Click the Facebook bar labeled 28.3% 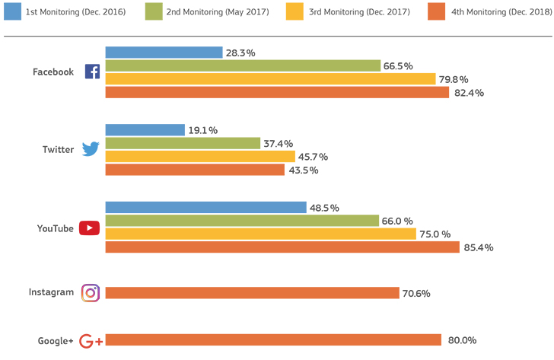coord(164,53)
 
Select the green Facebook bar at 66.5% coord(243,65)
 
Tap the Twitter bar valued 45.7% coord(200,157)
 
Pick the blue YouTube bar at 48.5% coord(206,207)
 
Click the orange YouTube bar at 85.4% coord(282,247)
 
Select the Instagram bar coord(253,293)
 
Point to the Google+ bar coord(273,340)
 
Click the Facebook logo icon coord(92,72)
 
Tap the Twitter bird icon coord(91,148)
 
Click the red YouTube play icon coord(89,228)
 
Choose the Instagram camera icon coord(91,293)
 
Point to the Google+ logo coord(91,341)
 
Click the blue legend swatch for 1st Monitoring coord(13,11)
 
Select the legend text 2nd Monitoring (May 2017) coord(218,12)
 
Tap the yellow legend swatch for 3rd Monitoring coord(295,11)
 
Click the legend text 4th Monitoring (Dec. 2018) coord(501,12)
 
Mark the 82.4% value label coord(469,93)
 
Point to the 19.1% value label coord(202,130)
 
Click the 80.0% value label coord(462,340)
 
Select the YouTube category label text coord(56,228)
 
